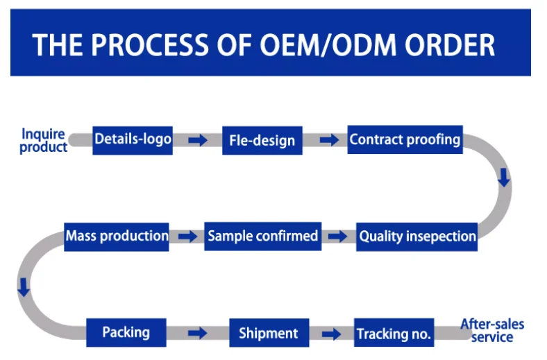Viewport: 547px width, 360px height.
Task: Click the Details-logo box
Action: click(133, 139)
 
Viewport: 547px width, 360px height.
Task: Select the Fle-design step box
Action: click(262, 141)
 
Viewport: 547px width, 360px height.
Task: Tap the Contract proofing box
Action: click(405, 139)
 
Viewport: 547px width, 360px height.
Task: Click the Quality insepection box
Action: click(417, 237)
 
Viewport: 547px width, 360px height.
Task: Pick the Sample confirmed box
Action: click(263, 236)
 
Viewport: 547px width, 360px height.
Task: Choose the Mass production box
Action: click(117, 236)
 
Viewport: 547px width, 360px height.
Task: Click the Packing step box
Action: click(126, 332)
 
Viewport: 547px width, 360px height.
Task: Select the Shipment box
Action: click(268, 333)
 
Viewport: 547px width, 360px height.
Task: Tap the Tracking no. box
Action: click(394, 334)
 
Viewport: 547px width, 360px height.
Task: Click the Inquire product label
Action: click(43, 140)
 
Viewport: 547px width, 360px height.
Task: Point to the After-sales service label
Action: click(492, 331)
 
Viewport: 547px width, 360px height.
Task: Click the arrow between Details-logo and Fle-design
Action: click(198, 140)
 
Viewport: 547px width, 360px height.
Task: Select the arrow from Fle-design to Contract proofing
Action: click(329, 140)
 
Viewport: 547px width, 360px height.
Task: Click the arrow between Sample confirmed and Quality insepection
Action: click(337, 237)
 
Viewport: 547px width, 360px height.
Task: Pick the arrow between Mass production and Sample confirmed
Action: click(187, 237)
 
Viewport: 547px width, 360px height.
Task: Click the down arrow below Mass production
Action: click(24, 287)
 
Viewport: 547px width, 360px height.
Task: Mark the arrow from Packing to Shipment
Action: click(197, 334)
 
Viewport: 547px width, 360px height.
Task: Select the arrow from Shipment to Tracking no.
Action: click(331, 334)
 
